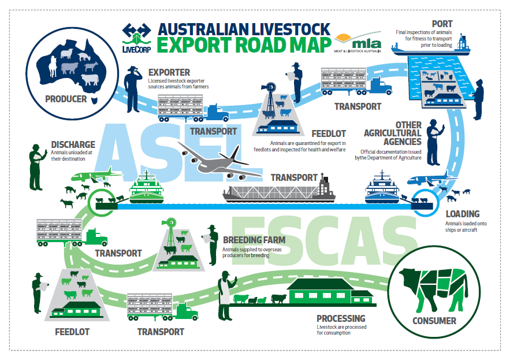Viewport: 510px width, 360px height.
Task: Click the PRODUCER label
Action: [65, 99]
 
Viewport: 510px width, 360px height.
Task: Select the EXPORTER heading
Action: [169, 73]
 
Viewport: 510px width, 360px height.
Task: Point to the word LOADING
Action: [462, 214]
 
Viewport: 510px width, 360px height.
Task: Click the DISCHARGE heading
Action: [73, 144]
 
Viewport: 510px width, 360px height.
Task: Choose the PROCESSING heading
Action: [341, 318]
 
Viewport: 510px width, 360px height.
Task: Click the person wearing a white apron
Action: [224, 296]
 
